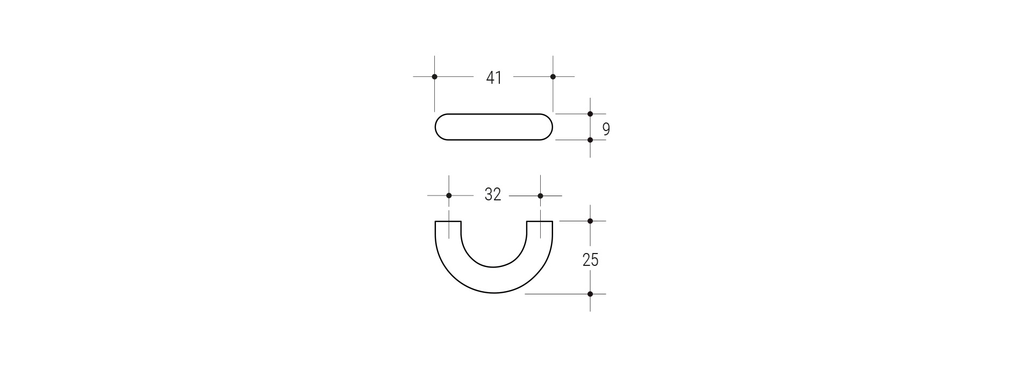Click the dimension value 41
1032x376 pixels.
[x=493, y=78]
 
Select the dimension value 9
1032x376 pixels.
[x=606, y=129]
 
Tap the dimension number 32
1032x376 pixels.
[x=493, y=194]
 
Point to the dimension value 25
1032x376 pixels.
[x=590, y=260]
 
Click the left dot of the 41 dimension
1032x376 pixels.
[x=434, y=77]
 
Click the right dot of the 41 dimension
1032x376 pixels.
[x=553, y=77]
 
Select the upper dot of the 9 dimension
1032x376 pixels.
[x=590, y=114]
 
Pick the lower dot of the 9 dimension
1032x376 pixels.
[x=590, y=140]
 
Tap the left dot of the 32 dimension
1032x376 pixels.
[x=449, y=196]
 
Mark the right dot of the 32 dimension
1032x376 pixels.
[x=540, y=196]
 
